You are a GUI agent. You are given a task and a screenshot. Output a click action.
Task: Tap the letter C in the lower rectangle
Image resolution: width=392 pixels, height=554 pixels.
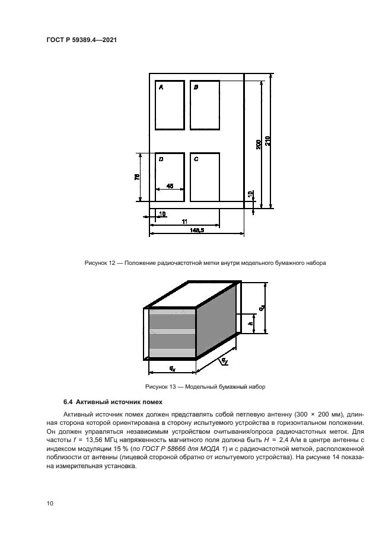tap(196, 159)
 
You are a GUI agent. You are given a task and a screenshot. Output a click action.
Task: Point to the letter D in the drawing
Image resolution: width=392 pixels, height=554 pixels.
tap(161, 159)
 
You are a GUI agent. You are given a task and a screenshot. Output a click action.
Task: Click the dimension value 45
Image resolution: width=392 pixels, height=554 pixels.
tap(170, 187)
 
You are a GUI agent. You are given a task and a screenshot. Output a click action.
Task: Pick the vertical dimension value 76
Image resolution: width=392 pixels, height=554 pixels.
tap(137, 177)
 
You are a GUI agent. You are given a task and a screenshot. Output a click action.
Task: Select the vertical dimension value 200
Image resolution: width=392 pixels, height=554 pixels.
tap(259, 144)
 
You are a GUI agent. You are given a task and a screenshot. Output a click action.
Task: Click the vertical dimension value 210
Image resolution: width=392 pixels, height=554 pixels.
tap(268, 141)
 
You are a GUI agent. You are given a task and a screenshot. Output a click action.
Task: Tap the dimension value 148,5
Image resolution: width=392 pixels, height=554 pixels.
tap(197, 231)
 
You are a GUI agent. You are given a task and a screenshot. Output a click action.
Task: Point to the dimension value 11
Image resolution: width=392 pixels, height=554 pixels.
tap(184, 221)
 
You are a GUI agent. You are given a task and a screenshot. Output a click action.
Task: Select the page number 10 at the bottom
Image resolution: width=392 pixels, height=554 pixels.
tap(50, 504)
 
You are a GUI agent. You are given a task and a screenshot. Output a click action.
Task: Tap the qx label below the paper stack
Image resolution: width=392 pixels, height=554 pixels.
tap(171, 369)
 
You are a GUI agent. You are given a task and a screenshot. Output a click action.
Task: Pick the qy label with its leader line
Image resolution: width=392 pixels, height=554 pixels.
tap(224, 360)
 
